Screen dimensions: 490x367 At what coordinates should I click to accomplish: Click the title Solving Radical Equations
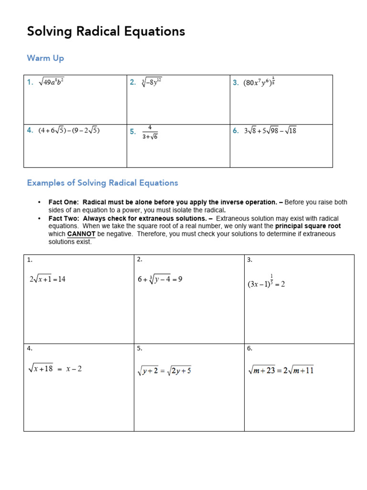tap(106, 32)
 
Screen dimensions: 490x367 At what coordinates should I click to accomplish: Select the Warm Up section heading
tap(45, 58)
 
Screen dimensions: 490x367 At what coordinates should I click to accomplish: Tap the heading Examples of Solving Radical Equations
tap(102, 183)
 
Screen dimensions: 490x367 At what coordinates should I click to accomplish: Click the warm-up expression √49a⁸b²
tap(51, 82)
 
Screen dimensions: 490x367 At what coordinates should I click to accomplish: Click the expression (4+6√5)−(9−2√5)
tap(69, 130)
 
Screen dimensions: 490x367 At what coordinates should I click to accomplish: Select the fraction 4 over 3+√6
tap(150, 132)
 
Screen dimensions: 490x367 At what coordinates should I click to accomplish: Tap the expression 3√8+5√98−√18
tap(270, 130)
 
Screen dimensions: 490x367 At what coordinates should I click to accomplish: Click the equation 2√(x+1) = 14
tap(47, 279)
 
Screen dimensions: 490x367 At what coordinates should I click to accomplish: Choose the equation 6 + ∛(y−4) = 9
tap(160, 279)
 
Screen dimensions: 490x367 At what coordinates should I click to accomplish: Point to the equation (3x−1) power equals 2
tap(266, 282)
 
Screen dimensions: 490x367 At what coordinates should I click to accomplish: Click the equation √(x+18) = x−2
tap(55, 369)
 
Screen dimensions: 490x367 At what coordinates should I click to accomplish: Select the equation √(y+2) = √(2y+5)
tap(164, 370)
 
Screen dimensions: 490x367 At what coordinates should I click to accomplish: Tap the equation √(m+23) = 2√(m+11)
tap(281, 370)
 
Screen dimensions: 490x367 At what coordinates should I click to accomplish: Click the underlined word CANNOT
tap(81, 234)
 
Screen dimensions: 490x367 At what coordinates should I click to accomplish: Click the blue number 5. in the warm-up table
tap(133, 132)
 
